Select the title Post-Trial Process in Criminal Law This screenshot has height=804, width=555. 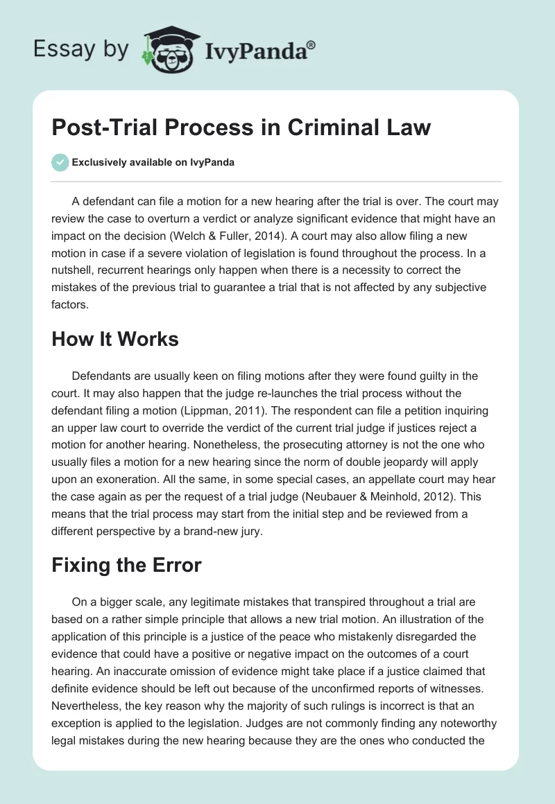(x=241, y=128)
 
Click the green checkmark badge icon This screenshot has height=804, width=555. (x=60, y=163)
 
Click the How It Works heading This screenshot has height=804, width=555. (x=115, y=339)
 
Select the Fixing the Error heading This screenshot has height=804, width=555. (x=126, y=565)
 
